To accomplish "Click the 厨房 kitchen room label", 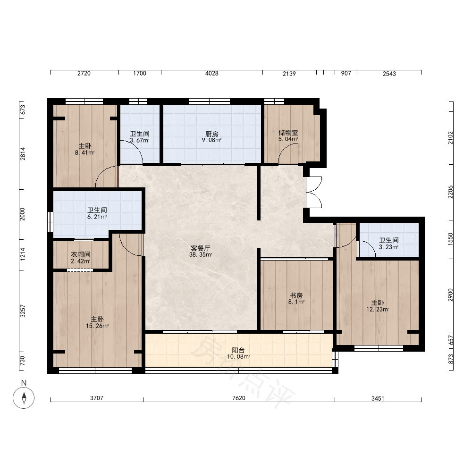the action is pyautogui.click(x=211, y=134).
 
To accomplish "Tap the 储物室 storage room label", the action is pyautogui.click(x=288, y=133).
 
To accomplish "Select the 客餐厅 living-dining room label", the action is pyautogui.click(x=201, y=248).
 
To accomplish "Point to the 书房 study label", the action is pyautogui.click(x=296, y=295).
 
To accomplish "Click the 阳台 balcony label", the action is pyautogui.click(x=238, y=350).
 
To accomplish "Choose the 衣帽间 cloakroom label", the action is pyautogui.click(x=81, y=255).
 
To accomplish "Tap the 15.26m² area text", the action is pyautogui.click(x=97, y=326).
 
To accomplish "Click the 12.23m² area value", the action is pyautogui.click(x=378, y=309).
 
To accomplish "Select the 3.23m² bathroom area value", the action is pyautogui.click(x=388, y=247).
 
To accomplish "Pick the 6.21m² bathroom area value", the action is pyautogui.click(x=97, y=217).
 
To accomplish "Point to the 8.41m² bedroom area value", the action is pyautogui.click(x=84, y=152).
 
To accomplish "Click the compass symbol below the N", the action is pyautogui.click(x=24, y=397).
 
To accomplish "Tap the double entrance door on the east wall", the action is pyautogui.click(x=314, y=192).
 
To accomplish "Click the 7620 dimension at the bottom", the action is pyautogui.click(x=239, y=398).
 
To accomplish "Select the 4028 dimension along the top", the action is pyautogui.click(x=211, y=74).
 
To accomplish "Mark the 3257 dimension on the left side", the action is pyautogui.click(x=23, y=311).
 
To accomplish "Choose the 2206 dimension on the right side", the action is pyautogui.click(x=450, y=192).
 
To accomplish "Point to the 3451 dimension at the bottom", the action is pyautogui.click(x=378, y=398).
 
